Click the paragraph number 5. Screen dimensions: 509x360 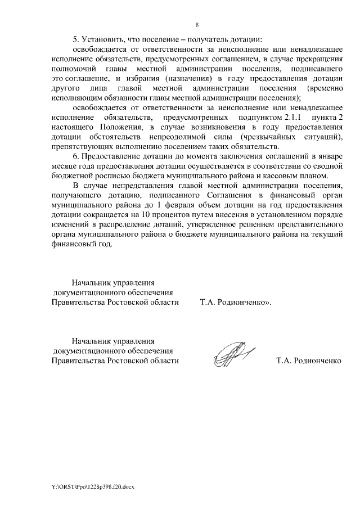coord(76,39)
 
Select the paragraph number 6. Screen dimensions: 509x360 coord(76,156)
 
